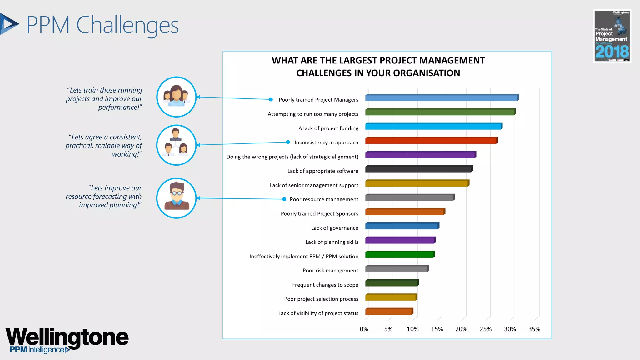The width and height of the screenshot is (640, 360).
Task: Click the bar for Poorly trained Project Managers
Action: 441,98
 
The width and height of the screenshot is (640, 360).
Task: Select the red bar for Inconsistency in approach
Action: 431,141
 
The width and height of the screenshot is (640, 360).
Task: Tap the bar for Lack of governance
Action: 402,226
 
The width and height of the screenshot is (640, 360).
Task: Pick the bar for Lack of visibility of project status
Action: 389,312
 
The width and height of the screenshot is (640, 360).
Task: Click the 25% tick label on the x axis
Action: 485,329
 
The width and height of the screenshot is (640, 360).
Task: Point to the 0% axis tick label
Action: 364,329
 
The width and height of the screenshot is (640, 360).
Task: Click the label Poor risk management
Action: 330,271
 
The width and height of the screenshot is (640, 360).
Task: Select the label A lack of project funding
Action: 328,128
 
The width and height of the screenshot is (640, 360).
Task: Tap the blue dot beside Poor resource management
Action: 284,199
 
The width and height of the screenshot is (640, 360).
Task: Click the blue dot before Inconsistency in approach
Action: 288,142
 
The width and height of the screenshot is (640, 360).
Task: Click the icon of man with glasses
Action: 177,198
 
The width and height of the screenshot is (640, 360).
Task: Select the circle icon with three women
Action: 177,97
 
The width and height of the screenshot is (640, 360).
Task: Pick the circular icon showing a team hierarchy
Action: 177,145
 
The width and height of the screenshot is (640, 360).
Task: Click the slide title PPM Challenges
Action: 102,25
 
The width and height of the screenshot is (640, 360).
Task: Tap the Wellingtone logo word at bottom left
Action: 67,337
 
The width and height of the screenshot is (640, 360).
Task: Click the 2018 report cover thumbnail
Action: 612,36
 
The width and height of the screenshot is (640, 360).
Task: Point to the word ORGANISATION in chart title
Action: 427,73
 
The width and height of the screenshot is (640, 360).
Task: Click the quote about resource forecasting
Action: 104,196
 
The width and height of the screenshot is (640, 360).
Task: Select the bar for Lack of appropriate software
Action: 418,169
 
